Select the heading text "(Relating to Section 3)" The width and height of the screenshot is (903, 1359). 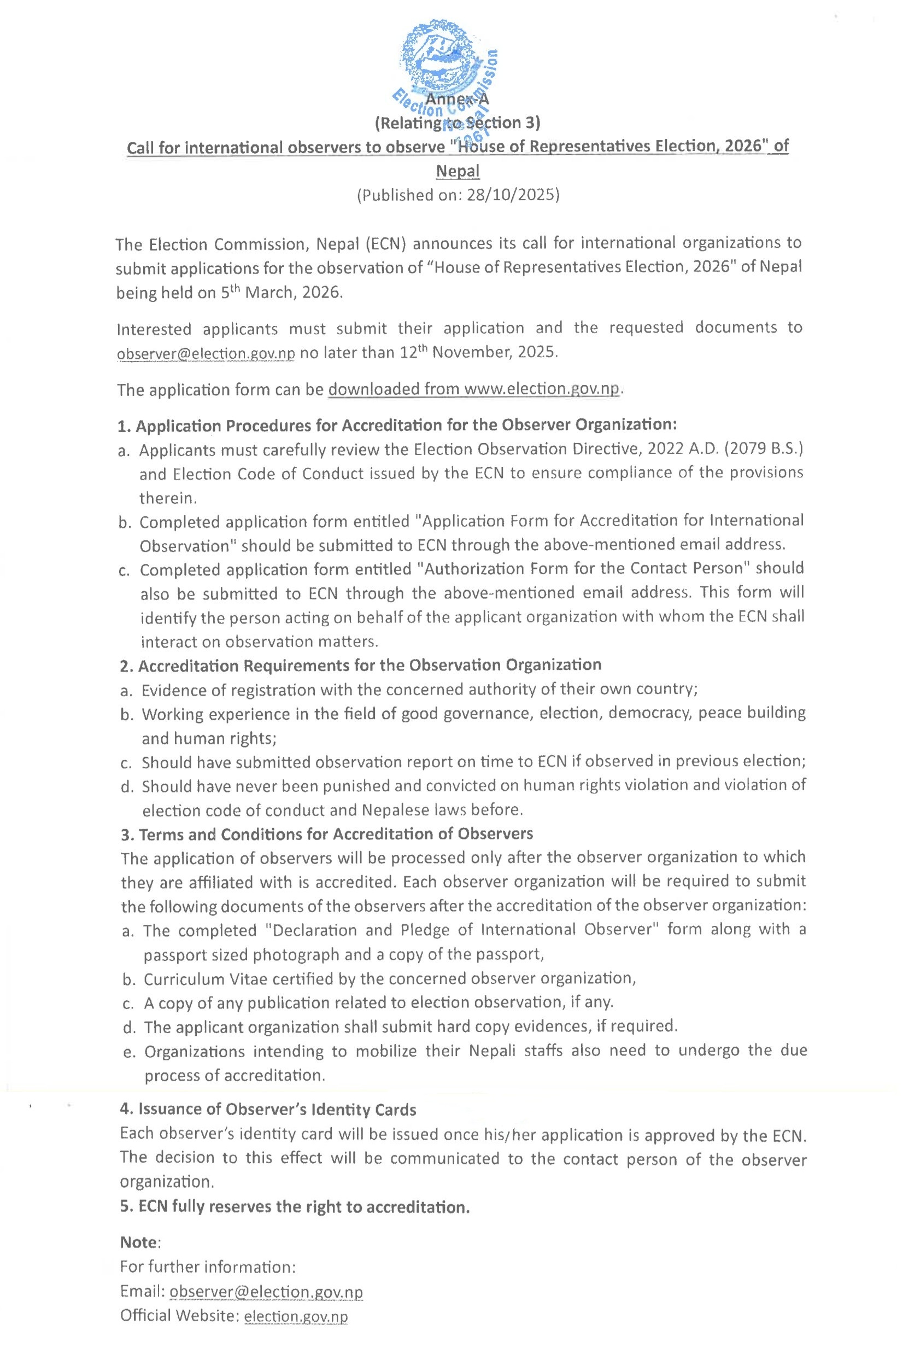point(458,123)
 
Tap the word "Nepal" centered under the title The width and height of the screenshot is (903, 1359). point(458,171)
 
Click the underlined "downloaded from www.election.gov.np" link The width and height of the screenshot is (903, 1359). point(475,389)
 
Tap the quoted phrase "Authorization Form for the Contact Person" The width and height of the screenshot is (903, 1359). point(583,569)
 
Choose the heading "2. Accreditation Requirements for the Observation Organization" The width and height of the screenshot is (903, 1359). point(361,666)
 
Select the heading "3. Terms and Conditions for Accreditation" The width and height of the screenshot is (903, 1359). point(326,833)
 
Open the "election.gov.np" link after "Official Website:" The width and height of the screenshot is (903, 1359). point(296,1316)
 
